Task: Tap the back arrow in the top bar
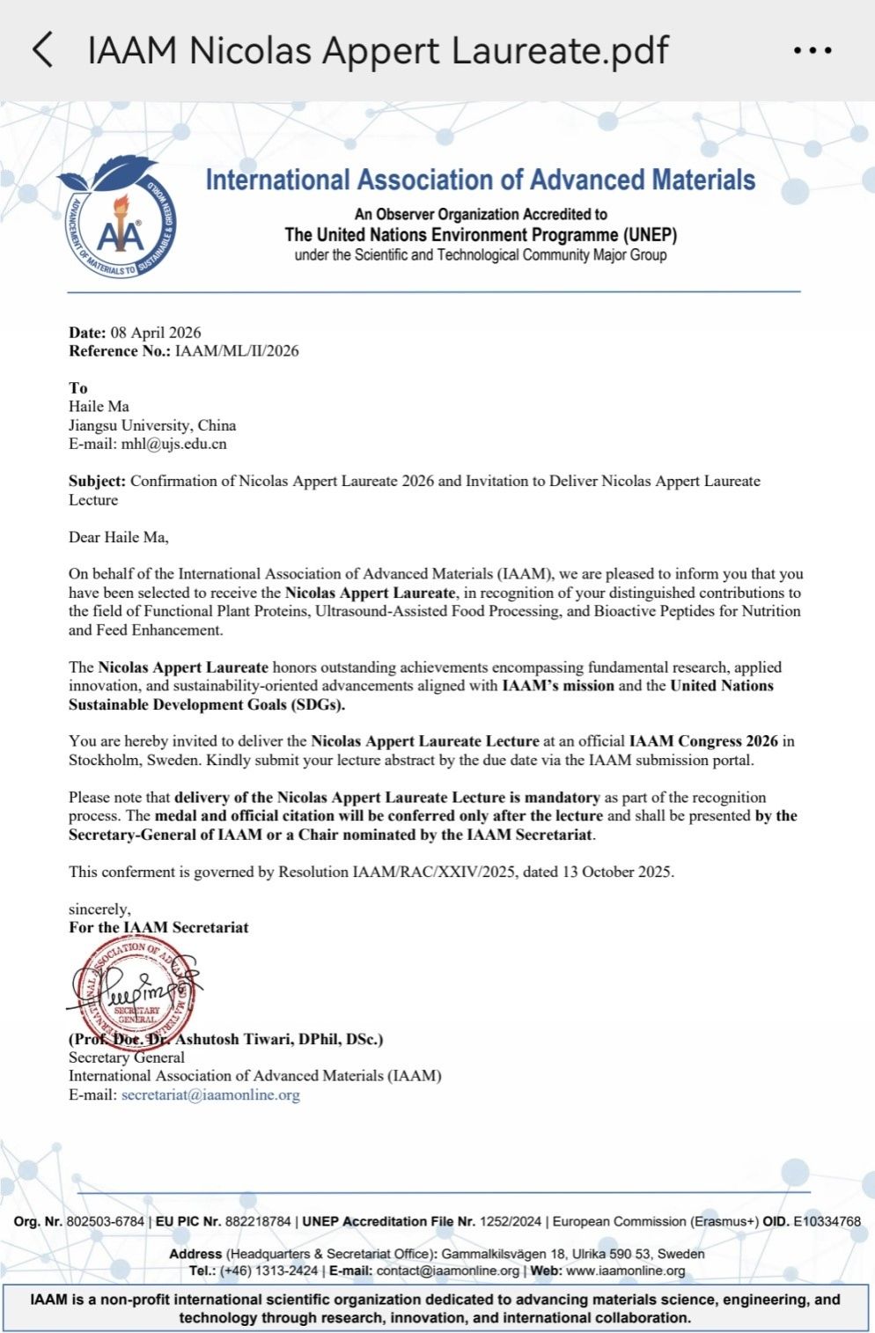(42, 50)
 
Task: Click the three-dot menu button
(812, 51)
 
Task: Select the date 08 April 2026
(156, 332)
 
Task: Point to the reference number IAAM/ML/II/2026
(237, 350)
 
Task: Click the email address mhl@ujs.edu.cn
(173, 444)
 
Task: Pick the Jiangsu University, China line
(152, 425)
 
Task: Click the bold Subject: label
(98, 481)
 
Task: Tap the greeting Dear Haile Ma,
(119, 537)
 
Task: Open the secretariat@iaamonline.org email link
(210, 1094)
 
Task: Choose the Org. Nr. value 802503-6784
(106, 1221)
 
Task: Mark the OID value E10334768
(827, 1221)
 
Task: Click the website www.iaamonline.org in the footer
(625, 1270)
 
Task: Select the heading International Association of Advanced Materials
(480, 180)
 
